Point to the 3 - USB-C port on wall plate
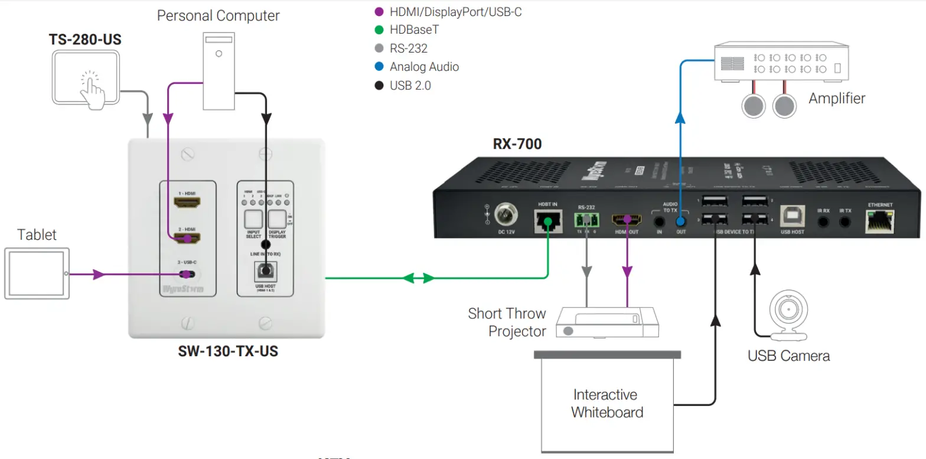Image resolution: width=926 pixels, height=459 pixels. point(187,275)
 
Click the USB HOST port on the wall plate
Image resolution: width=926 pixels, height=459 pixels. point(265,272)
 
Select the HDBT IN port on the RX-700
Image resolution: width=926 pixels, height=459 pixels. point(547,222)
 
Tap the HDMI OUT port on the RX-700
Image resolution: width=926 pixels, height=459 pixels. point(626,222)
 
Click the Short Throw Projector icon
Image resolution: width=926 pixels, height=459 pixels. point(607,323)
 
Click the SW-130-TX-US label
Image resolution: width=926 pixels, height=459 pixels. point(228,352)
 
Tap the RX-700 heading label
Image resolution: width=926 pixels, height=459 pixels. point(517,144)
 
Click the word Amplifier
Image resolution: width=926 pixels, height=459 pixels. point(836,98)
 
